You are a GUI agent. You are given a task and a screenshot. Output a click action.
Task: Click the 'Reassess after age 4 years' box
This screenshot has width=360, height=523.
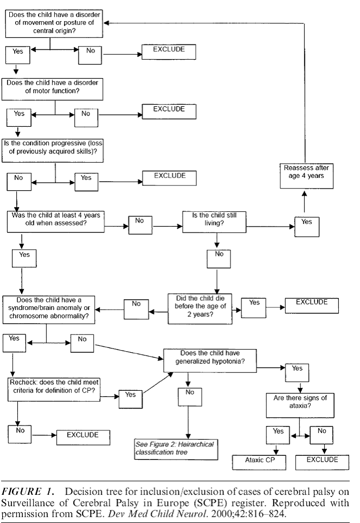click(x=307, y=176)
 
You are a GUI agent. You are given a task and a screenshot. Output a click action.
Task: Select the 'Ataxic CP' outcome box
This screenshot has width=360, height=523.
click(x=259, y=462)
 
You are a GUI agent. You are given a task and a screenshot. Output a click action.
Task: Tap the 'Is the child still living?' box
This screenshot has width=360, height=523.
click(x=214, y=222)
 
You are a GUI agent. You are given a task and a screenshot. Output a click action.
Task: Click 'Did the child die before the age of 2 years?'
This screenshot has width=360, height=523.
click(x=200, y=309)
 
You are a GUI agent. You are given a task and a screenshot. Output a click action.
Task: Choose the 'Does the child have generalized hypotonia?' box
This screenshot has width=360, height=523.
click(x=210, y=360)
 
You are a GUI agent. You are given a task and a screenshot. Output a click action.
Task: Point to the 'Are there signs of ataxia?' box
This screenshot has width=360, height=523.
click(x=300, y=405)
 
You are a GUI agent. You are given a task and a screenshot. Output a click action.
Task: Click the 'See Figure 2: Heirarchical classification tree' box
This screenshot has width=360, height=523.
click(x=177, y=450)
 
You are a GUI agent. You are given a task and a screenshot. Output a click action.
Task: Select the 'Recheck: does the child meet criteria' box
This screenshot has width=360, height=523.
click(x=54, y=390)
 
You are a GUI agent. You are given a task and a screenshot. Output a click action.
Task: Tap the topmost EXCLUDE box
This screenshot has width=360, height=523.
click(x=169, y=52)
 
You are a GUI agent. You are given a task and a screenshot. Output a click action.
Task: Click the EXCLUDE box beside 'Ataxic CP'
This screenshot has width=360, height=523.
click(x=322, y=462)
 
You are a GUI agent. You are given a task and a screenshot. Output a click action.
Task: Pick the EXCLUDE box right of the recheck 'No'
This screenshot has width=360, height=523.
click(x=83, y=437)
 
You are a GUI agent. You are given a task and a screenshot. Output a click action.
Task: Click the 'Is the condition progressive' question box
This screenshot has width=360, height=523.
click(x=53, y=151)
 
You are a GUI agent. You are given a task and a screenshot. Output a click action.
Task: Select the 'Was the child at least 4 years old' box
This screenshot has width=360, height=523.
click(x=56, y=222)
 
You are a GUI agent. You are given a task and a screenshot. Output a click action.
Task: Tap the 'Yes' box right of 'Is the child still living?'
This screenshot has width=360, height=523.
click(x=307, y=227)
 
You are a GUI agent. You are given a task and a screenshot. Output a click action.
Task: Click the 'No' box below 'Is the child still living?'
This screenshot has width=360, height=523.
click(x=218, y=259)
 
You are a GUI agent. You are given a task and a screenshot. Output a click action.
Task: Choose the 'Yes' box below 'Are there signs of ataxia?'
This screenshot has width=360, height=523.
click(x=278, y=435)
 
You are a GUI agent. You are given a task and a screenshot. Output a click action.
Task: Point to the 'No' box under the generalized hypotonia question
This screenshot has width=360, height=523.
click(x=190, y=397)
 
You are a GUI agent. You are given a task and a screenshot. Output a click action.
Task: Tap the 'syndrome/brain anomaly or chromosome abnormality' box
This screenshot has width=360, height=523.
click(x=49, y=309)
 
